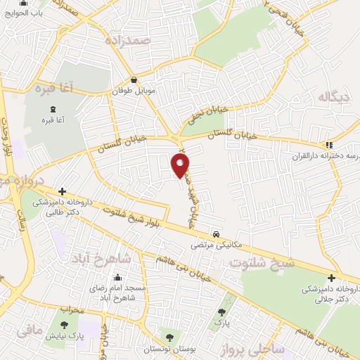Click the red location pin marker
[x=180, y=165]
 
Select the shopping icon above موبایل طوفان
[x=134, y=81]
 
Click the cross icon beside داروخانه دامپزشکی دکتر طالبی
[x=62, y=191]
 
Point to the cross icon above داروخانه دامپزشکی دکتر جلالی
[x=330, y=277]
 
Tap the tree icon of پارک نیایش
[x=65, y=326]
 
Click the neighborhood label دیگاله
[x=333, y=97]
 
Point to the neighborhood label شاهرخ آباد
[x=101, y=259]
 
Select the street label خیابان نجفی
[x=205, y=115]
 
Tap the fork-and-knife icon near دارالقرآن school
[x=329, y=145]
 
